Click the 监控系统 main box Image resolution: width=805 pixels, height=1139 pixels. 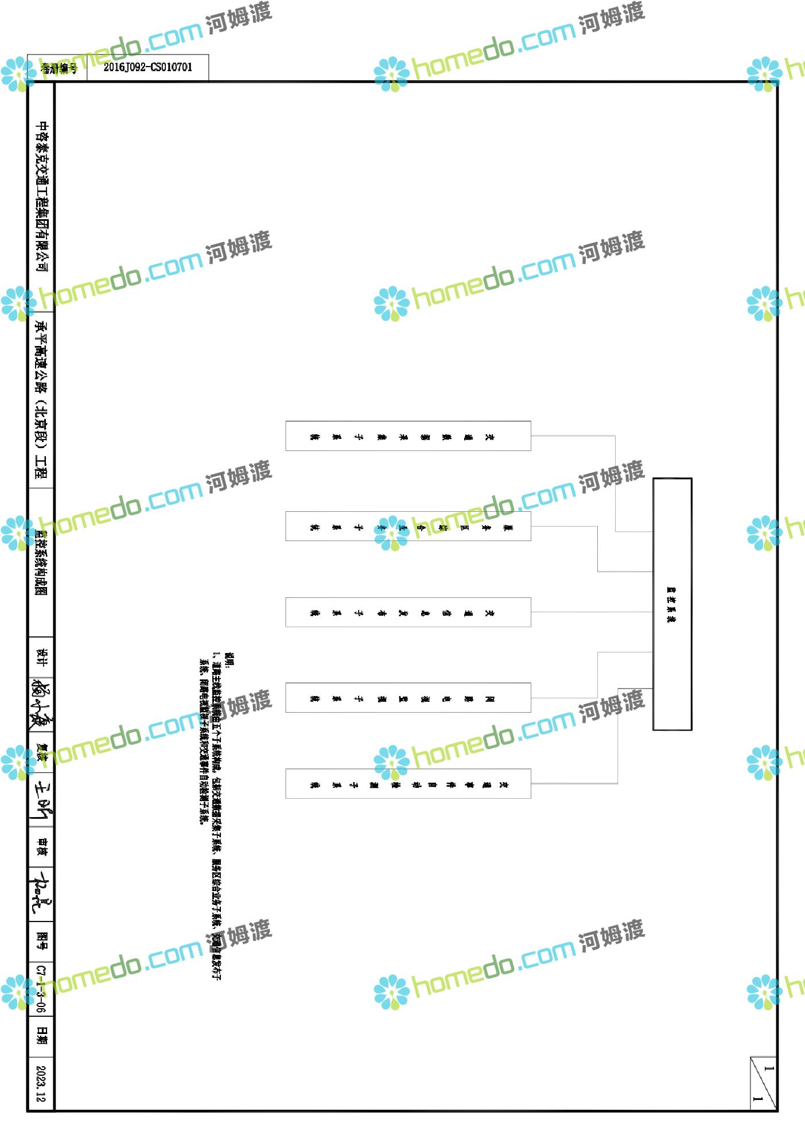[672, 604]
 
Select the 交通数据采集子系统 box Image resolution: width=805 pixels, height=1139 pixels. [408, 436]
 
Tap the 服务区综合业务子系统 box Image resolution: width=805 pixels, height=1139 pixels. [408, 526]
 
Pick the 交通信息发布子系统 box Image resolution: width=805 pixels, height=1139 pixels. [408, 612]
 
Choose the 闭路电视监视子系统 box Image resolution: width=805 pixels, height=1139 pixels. [408, 698]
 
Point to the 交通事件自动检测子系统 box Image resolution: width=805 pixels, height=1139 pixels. [408, 784]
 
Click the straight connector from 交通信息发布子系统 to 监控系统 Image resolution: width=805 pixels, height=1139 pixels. [591, 612]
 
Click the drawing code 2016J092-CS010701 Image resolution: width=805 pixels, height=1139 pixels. [147, 68]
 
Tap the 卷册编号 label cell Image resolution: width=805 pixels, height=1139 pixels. [59, 69]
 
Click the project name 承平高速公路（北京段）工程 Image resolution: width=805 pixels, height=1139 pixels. [42, 400]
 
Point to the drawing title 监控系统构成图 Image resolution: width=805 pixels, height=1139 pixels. [41, 562]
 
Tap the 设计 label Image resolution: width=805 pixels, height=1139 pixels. [42, 658]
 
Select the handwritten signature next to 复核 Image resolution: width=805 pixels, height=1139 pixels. [42, 799]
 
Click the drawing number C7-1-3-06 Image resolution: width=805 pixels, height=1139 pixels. [41, 989]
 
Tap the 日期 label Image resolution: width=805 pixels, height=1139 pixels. [42, 1035]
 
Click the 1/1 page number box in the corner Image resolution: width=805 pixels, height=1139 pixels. [763, 1083]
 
